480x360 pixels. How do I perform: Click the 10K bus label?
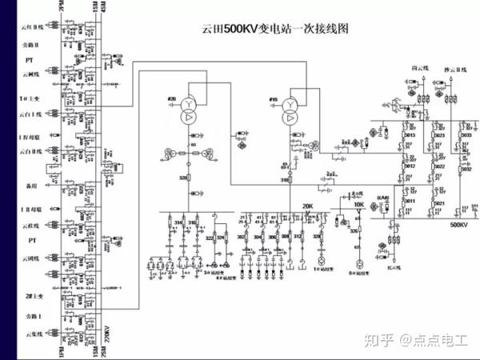(358, 206)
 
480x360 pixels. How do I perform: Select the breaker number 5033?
(466, 136)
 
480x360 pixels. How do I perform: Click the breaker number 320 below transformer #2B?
(183, 178)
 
